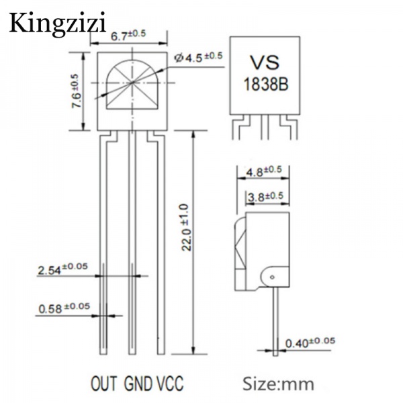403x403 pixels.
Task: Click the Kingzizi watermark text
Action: [x=58, y=24]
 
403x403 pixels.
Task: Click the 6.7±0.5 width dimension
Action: [x=128, y=36]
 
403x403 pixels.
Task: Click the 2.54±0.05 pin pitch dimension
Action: [x=62, y=269]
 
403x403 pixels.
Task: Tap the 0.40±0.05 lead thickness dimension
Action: [x=309, y=343]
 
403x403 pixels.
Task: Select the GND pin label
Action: [x=138, y=384]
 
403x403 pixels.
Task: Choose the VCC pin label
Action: [x=169, y=384]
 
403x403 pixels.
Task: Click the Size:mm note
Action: [x=278, y=384]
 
